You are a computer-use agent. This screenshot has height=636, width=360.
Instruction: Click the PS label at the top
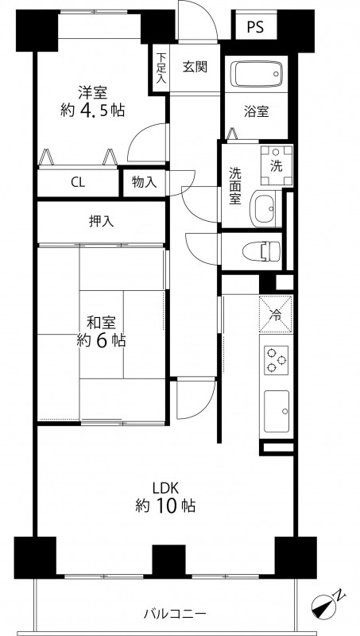click(255, 27)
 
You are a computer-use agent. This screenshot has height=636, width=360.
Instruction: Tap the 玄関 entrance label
click(195, 67)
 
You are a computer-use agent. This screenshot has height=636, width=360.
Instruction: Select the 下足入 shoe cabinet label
click(161, 68)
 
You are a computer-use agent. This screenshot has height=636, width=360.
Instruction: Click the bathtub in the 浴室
click(256, 74)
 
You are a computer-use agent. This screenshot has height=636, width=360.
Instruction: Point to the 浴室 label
click(256, 111)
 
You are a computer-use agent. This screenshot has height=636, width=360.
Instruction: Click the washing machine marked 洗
click(277, 165)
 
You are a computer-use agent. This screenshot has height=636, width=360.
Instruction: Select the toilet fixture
click(261, 250)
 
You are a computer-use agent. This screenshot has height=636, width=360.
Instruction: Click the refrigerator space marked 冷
click(276, 313)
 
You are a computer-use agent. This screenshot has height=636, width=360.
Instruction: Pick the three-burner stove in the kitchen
click(276, 360)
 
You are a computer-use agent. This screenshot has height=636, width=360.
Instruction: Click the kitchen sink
click(277, 411)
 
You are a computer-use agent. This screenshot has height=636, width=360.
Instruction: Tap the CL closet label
click(78, 183)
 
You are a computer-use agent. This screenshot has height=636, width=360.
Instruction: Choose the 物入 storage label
click(145, 183)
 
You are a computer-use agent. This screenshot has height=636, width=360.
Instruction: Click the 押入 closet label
click(101, 221)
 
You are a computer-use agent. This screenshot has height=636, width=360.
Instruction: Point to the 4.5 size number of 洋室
click(95, 110)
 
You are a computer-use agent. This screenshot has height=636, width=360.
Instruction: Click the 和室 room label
click(102, 323)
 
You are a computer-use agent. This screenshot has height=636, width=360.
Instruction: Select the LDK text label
click(166, 487)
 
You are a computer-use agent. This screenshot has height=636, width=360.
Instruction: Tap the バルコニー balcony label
click(175, 613)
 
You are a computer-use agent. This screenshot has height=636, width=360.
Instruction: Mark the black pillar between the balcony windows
click(169, 560)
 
